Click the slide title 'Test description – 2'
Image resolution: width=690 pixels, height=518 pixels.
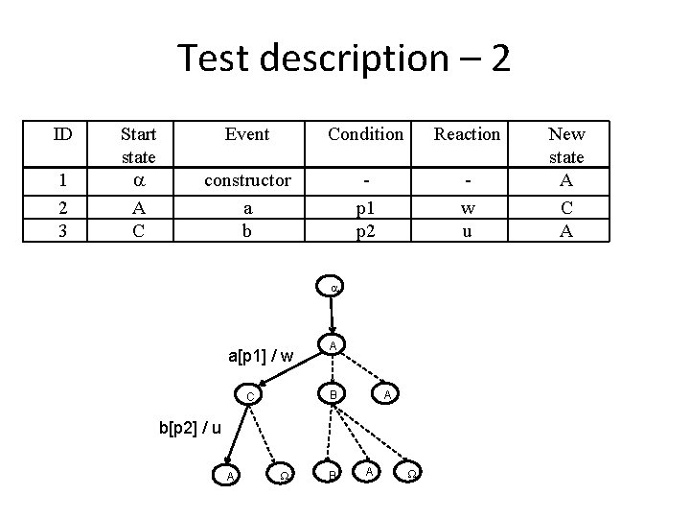[344, 59]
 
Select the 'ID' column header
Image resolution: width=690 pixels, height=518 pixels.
[62, 134]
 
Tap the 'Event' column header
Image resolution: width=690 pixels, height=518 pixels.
[247, 134]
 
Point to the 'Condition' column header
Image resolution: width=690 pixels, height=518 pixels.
[365, 134]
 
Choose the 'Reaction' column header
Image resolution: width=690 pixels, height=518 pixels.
[467, 134]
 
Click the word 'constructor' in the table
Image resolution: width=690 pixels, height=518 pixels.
[247, 180]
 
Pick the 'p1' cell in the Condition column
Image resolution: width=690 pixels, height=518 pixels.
[365, 206]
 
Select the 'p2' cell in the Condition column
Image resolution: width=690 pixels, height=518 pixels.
[365, 229]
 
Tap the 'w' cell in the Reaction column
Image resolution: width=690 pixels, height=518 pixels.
[467, 206]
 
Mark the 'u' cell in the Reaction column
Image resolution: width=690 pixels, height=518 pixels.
[467, 229]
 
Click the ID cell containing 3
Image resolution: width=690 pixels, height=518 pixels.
[62, 229]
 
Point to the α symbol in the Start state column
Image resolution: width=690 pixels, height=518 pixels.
[139, 180]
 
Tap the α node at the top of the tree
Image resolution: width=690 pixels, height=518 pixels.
[332, 286]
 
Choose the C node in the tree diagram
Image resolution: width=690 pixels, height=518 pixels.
[249, 396]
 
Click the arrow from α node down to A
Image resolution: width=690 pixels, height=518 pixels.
[332, 315]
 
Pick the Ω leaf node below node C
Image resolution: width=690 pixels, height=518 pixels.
[282, 475]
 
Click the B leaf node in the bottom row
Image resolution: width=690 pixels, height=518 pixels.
[332, 475]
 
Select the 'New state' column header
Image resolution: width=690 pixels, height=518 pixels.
[566, 145]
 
